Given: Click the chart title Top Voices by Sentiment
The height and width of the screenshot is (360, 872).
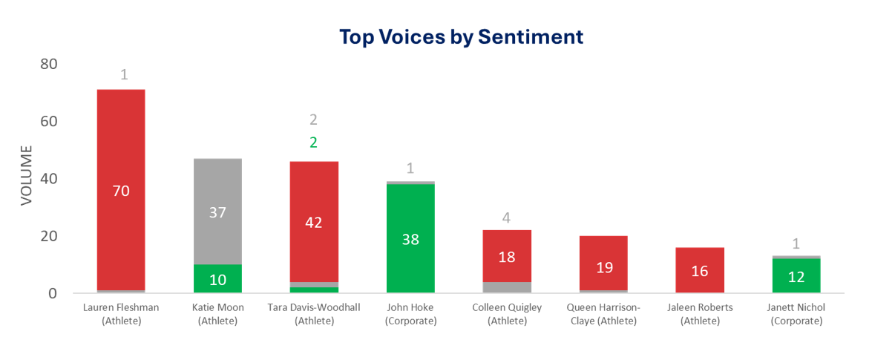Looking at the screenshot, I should click(461, 36).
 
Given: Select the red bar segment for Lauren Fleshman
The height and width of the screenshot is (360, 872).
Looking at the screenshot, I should click(121, 148).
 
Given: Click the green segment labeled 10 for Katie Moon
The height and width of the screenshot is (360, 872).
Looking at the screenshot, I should click(217, 279).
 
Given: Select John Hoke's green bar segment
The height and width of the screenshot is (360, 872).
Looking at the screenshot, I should click(410, 238).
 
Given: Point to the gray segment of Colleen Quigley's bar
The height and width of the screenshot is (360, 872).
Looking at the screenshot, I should click(507, 287).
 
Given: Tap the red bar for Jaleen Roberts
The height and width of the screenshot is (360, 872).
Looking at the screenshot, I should click(700, 270).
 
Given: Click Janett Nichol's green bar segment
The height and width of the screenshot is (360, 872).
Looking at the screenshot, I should click(796, 275).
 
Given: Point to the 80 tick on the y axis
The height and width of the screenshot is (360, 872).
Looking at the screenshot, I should click(48, 64).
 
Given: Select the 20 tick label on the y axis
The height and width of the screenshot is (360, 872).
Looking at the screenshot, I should click(48, 236).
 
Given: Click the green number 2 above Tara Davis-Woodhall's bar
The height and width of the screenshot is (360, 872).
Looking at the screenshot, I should click(313, 143).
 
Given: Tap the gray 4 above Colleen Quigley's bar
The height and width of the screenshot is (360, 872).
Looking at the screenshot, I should click(507, 218).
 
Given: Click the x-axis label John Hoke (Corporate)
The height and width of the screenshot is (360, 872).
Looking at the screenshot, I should click(410, 314).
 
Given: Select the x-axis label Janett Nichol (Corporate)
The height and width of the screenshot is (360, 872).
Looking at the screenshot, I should click(796, 314).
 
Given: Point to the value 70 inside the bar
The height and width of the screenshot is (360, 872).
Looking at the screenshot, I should click(121, 191).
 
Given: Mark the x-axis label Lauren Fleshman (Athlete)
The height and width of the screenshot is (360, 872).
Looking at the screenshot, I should click(121, 314).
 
